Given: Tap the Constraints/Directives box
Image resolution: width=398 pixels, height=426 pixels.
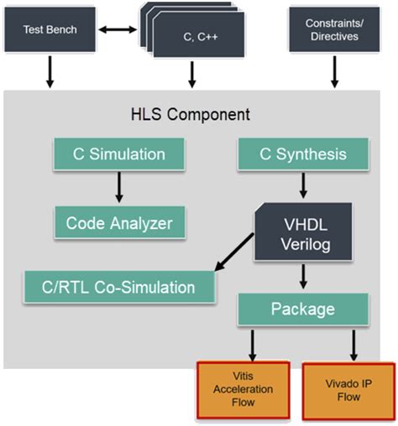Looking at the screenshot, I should coord(333,29).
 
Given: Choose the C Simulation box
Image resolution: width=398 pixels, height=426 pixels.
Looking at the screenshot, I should coord(118,154).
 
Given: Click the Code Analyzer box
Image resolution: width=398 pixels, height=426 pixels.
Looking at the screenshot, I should coord(118,222).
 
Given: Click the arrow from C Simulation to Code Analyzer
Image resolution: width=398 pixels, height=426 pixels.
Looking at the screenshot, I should coord(118,188).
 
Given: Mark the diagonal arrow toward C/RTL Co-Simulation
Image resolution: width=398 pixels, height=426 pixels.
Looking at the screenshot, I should coord(235,252).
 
